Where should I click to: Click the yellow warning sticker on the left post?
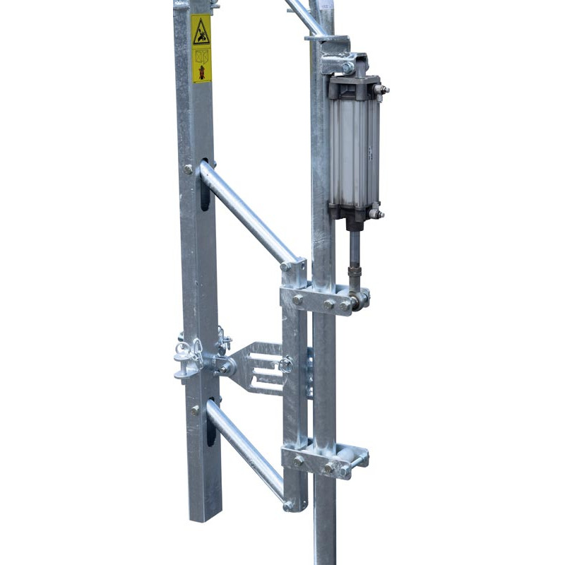click(x=201, y=49)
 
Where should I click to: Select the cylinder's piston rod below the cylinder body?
click(x=354, y=247)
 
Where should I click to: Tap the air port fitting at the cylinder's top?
click(x=382, y=90)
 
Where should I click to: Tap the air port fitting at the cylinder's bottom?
click(x=377, y=213)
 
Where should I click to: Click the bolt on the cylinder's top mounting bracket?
click(x=347, y=68)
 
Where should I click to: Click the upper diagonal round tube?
click(x=247, y=212)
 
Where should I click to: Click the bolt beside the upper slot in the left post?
click(x=188, y=169)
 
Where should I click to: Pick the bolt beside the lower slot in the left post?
click(x=194, y=410)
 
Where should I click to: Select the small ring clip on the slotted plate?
click(x=285, y=364)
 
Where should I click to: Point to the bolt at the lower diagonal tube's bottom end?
click(x=288, y=506)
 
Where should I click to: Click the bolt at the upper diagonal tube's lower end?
click(x=285, y=267)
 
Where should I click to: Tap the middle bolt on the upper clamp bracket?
click(x=328, y=304)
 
